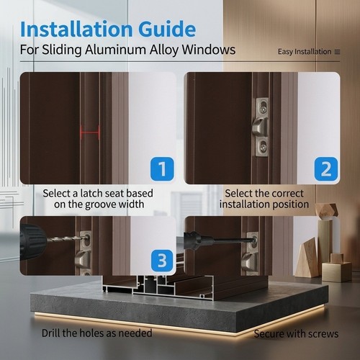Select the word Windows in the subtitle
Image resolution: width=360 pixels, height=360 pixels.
(x=209, y=50)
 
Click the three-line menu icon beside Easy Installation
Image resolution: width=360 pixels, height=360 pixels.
(x=337, y=52)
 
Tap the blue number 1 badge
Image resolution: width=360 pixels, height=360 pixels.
(x=162, y=169)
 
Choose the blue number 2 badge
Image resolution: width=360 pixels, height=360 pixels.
(x=326, y=169)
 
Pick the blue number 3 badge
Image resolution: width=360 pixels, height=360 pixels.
(x=162, y=261)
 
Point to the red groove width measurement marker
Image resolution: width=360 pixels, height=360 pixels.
(x=90, y=132)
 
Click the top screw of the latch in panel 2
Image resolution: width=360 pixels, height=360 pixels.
(x=264, y=107)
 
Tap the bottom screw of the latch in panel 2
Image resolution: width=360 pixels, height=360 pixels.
(x=264, y=147)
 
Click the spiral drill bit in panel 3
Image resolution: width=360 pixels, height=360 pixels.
(x=67, y=238)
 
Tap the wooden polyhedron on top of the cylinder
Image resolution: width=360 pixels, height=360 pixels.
(x=326, y=212)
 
